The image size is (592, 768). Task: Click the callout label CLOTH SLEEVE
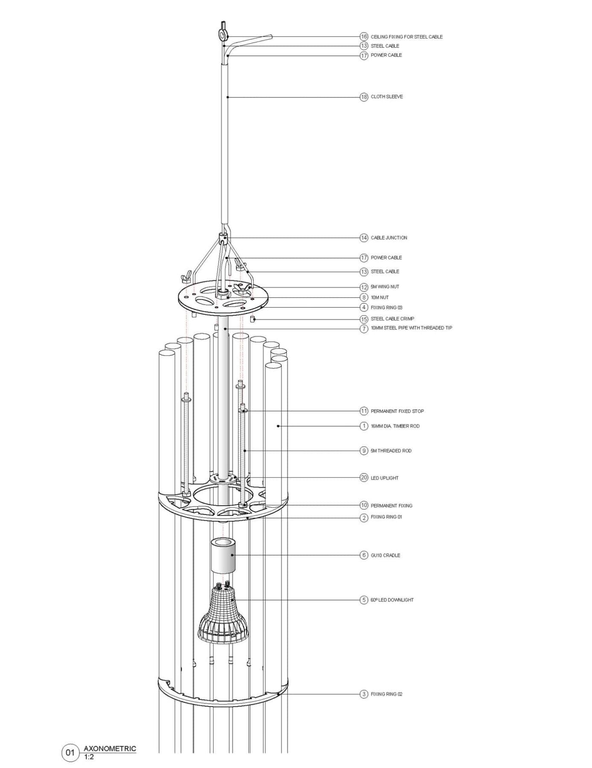coord(386,97)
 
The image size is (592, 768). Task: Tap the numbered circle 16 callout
coord(364,37)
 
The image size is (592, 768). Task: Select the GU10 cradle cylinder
coord(223,556)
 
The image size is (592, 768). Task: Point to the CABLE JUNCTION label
coord(389,238)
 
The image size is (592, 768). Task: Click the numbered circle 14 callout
coord(364,238)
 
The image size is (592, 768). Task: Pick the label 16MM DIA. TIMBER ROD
coord(395,426)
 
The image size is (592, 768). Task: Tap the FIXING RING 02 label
coord(386,694)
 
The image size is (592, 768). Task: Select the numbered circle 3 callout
coord(364,694)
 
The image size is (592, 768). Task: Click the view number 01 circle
coord(70,752)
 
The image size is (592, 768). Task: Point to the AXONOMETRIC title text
coord(110,748)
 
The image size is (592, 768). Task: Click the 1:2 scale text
coord(89,757)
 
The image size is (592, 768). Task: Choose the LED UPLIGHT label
coord(384,478)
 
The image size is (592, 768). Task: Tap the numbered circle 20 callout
coord(364,478)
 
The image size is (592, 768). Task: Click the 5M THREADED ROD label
coord(391,451)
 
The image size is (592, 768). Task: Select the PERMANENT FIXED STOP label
coord(397,411)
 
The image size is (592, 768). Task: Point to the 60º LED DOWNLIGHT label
coord(392,600)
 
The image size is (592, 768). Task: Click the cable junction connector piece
coord(223,238)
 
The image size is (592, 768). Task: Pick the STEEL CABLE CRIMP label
coord(392,319)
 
